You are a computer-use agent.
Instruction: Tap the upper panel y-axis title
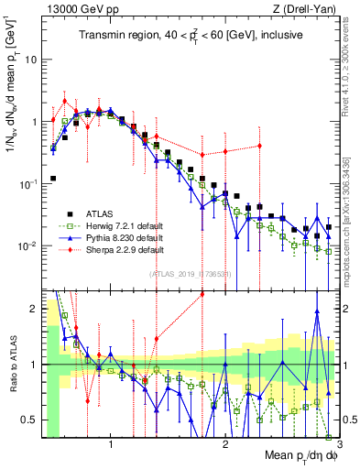[x=12, y=82]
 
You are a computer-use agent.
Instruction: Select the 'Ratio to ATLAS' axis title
[x=12, y=363]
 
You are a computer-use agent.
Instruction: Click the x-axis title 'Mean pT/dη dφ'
[x=295, y=456]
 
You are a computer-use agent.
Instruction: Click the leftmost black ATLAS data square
[x=53, y=179]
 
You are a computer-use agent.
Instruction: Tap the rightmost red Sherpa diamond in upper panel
[x=260, y=146]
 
